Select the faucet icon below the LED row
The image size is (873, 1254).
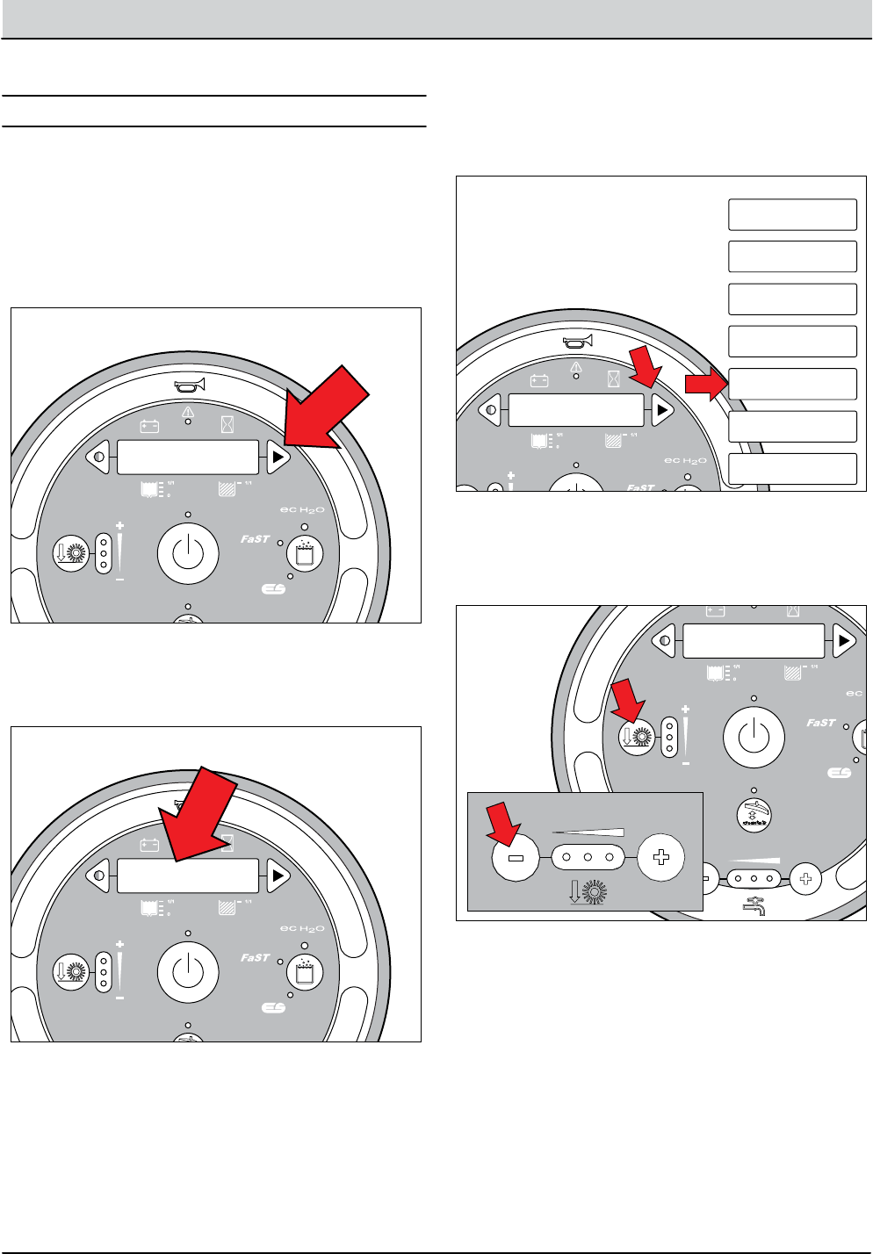(754, 905)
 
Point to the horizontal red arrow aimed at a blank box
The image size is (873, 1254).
(706, 383)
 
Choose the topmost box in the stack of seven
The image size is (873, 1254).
(792, 214)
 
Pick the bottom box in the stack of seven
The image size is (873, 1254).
(792, 469)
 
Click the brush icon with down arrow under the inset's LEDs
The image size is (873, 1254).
(588, 892)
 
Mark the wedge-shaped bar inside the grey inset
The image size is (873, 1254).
(588, 832)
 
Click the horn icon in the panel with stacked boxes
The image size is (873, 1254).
(577, 341)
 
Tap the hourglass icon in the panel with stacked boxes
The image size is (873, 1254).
(614, 380)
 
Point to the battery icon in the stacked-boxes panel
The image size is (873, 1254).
(539, 381)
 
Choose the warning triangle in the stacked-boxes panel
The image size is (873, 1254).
(576, 367)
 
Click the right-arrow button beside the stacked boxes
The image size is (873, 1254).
(661, 409)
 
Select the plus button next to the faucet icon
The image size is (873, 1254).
(804, 877)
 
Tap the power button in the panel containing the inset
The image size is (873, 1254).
(754, 736)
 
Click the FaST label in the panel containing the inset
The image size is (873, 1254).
(820, 723)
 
